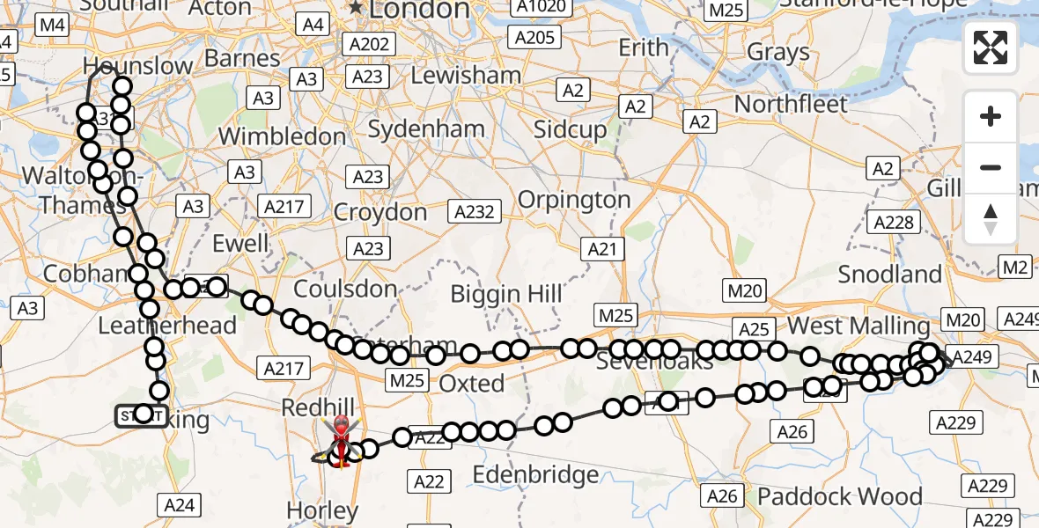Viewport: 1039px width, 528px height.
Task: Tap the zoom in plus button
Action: [x=991, y=116]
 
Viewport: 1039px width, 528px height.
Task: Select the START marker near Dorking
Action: [x=140, y=415]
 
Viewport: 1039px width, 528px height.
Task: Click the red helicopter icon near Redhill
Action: [x=340, y=436]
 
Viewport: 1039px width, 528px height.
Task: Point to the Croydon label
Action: [x=380, y=213]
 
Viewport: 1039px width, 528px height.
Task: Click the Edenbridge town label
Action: [x=536, y=475]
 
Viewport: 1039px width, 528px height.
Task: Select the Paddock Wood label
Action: [x=840, y=496]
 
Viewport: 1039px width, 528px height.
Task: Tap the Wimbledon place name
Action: [x=282, y=136]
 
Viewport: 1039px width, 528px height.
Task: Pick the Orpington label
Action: [x=574, y=200]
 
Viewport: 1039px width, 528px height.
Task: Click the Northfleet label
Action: [x=791, y=104]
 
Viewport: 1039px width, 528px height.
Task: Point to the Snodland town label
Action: [x=889, y=274]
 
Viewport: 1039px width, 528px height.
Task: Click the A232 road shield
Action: [x=475, y=211]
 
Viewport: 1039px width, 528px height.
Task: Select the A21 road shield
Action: [x=602, y=249]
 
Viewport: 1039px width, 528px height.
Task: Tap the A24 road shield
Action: [x=180, y=505]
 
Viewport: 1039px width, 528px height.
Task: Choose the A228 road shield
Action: [x=894, y=223]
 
